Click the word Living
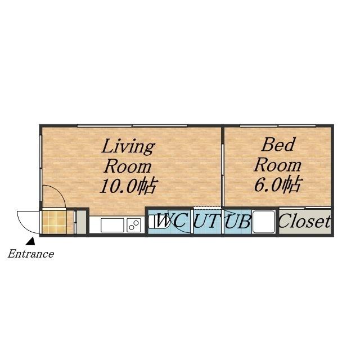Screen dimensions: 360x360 [x=128, y=147]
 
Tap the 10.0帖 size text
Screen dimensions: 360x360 [x=129, y=186]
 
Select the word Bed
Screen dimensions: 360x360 [x=277, y=145]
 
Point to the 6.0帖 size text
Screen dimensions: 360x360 [x=277, y=184]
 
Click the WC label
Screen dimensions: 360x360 [x=171, y=221]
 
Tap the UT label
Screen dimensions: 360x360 [x=205, y=221]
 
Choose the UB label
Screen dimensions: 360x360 [x=237, y=221]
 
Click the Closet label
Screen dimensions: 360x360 [x=305, y=221]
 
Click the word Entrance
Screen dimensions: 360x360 [x=31, y=254]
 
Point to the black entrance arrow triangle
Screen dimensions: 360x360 [x=30, y=241]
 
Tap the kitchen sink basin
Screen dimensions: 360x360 [x=112, y=225]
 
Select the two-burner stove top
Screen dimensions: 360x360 [x=134, y=225]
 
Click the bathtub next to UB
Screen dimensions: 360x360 [x=264, y=222]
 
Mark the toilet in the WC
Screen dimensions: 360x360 [x=159, y=222]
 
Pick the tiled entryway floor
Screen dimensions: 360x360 [x=55, y=222]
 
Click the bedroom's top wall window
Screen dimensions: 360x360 [x=278, y=125]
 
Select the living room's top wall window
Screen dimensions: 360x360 [x=132, y=125]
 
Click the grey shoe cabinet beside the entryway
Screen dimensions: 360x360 [x=81, y=222]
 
